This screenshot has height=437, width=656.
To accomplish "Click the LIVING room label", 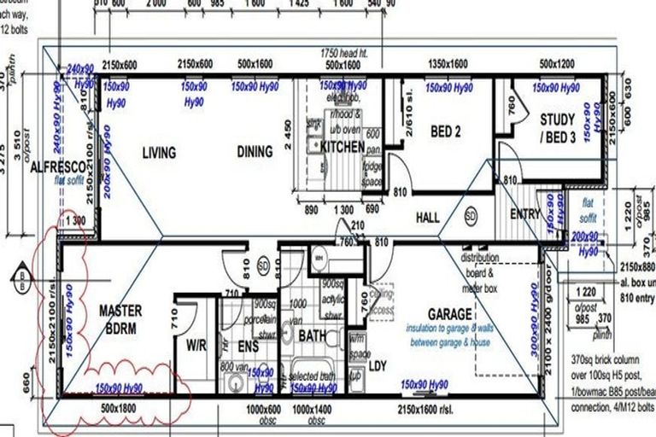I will pyautogui.click(x=159, y=153).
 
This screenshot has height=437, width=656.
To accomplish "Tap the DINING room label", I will pyautogui.click(x=255, y=152).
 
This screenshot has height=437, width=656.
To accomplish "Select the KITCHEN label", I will pyautogui.click(x=343, y=147).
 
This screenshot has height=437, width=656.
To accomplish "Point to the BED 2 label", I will pyautogui.click(x=445, y=132).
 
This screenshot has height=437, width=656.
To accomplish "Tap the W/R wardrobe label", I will pyautogui.click(x=196, y=347).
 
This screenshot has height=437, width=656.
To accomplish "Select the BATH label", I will pyautogui.click(x=313, y=336).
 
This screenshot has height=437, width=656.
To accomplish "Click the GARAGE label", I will pyautogui.click(x=442, y=313).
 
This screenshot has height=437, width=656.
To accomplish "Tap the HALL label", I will pyautogui.click(x=427, y=218).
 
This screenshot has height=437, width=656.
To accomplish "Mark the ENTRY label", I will pyautogui.click(x=524, y=214).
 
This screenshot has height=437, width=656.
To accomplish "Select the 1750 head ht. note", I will pyautogui.click(x=343, y=53).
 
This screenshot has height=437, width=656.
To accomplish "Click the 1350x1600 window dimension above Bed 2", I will pyautogui.click(x=448, y=64).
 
